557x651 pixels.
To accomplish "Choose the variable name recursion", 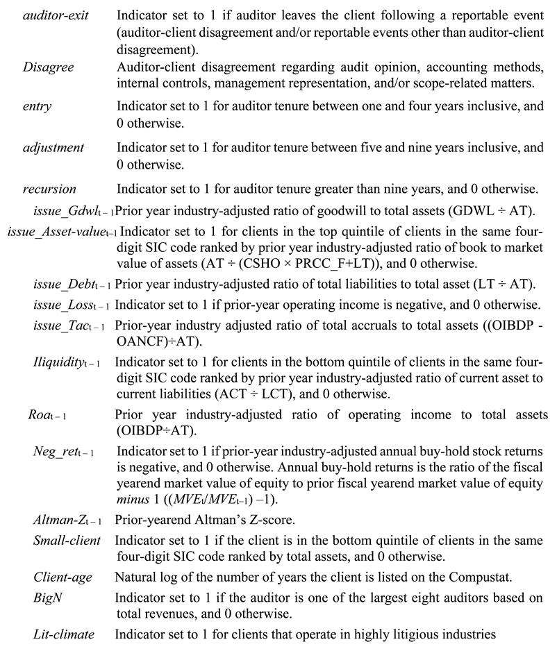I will [49, 188].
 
